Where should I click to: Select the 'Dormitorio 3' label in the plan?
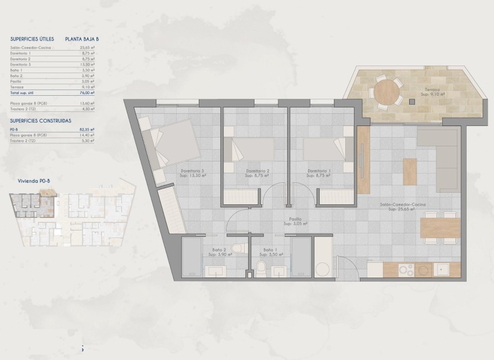[x=192, y=171]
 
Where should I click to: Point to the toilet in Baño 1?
[x=262, y=268]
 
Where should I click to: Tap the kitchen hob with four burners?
[x=406, y=270]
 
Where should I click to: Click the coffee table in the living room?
[x=410, y=171]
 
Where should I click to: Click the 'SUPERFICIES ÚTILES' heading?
[x=32, y=39]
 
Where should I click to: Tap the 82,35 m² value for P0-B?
[x=87, y=129]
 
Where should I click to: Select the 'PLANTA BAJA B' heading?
[x=82, y=39]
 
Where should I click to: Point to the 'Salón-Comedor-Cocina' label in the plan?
[x=401, y=205]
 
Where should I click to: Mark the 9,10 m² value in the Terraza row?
[x=88, y=88]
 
